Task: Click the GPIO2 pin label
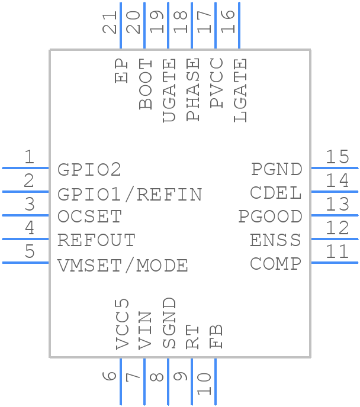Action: click(x=89, y=170)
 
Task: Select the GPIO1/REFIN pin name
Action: click(x=130, y=194)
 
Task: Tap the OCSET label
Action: click(x=89, y=217)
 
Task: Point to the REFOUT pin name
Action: click(x=97, y=241)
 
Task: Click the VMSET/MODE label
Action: click(x=123, y=265)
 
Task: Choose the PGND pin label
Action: click(x=277, y=169)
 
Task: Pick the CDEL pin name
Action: click(x=276, y=193)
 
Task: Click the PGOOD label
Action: click(x=270, y=217)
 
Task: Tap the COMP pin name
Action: click(x=275, y=264)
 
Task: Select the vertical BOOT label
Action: click(x=146, y=84)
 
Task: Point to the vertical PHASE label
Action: click(x=193, y=90)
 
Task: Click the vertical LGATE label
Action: click(x=240, y=91)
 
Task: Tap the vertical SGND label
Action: click(x=169, y=323)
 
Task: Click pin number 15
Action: click(x=337, y=157)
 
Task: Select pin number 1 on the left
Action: click(x=29, y=157)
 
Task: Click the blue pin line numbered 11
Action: click(x=334, y=262)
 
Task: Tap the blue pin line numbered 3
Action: click(x=25, y=215)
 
